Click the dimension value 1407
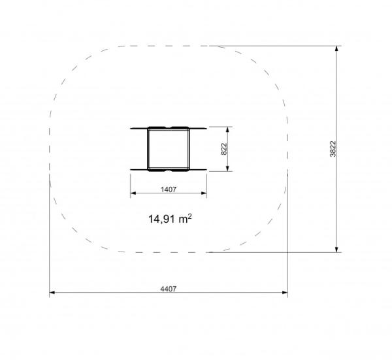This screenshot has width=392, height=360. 169,189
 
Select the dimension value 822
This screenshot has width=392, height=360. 224,149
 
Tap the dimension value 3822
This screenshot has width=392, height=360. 333,149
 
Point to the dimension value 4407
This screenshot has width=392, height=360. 169,289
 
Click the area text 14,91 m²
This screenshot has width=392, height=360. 170,219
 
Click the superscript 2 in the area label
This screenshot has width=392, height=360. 190,216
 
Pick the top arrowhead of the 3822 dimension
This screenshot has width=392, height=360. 336,48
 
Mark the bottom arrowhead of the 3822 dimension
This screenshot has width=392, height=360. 336,250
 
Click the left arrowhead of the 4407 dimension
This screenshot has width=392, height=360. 52,292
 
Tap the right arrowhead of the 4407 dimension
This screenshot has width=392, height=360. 285,292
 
